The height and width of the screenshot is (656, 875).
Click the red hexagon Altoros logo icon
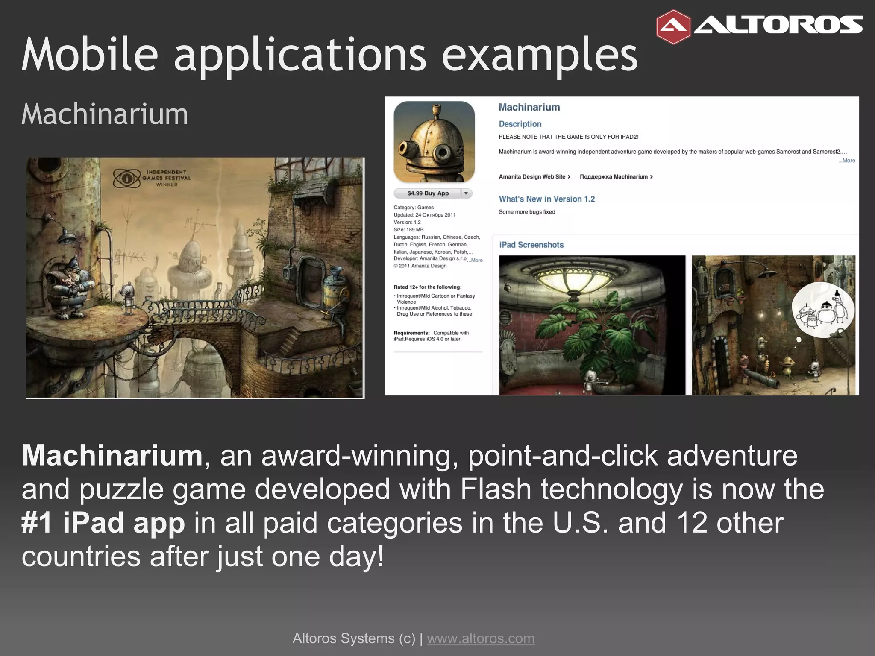pyautogui.click(x=673, y=27)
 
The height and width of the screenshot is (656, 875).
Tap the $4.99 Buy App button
pyautogui.click(x=428, y=193)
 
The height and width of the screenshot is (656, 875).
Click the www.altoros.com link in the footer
pyautogui.click(x=481, y=638)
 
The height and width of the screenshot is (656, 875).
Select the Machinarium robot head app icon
pyautogui.click(x=434, y=142)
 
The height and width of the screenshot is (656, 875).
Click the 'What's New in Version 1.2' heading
pyautogui.click(x=546, y=199)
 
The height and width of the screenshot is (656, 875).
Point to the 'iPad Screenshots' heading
pyautogui.click(x=531, y=245)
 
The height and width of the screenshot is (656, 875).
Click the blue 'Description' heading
pyautogui.click(x=520, y=124)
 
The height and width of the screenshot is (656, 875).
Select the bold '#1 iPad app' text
pyautogui.click(x=103, y=523)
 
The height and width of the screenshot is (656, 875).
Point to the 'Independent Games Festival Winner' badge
pyautogui.click(x=152, y=178)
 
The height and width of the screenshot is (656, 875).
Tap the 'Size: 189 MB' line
pyautogui.click(x=408, y=230)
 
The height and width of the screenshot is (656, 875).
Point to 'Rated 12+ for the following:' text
pyautogui.click(x=427, y=287)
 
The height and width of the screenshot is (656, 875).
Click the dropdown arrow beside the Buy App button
pyautogui.click(x=466, y=193)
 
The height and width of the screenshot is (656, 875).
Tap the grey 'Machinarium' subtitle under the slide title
pyautogui.click(x=105, y=114)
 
